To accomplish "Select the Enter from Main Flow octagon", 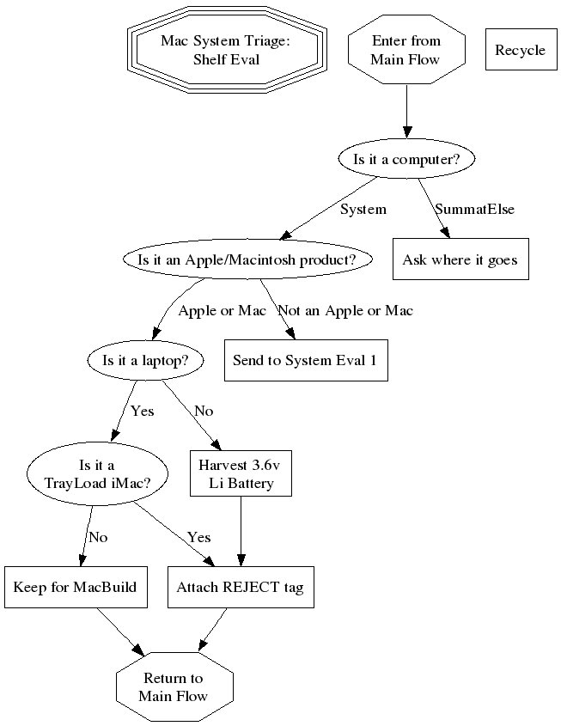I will [406, 50].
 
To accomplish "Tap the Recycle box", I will [520, 50].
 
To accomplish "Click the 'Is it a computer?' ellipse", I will [406, 159].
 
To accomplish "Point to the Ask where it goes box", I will [460, 259].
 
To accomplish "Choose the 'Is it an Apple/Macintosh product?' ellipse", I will [248, 259].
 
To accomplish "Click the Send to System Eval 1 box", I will [305, 360].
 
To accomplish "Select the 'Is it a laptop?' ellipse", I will [145, 360].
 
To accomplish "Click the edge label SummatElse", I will [474, 209].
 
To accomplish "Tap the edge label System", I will [363, 209].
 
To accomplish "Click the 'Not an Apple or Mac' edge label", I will [345, 310].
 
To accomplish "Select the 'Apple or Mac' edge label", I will [222, 310].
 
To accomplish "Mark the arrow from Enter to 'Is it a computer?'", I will [406, 112].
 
